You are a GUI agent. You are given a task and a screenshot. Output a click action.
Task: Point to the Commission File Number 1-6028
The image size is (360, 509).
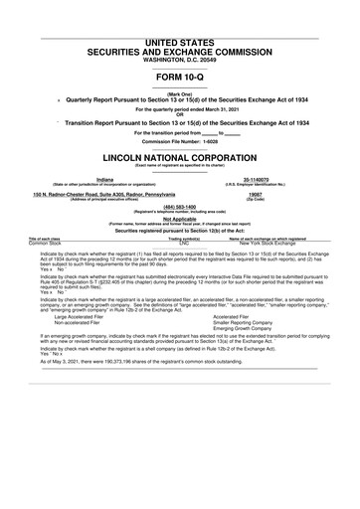coord(180,141)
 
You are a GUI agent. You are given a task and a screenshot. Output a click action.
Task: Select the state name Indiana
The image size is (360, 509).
coord(95,180)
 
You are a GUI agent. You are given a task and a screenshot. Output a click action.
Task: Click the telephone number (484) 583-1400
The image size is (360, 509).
coord(180,207)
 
